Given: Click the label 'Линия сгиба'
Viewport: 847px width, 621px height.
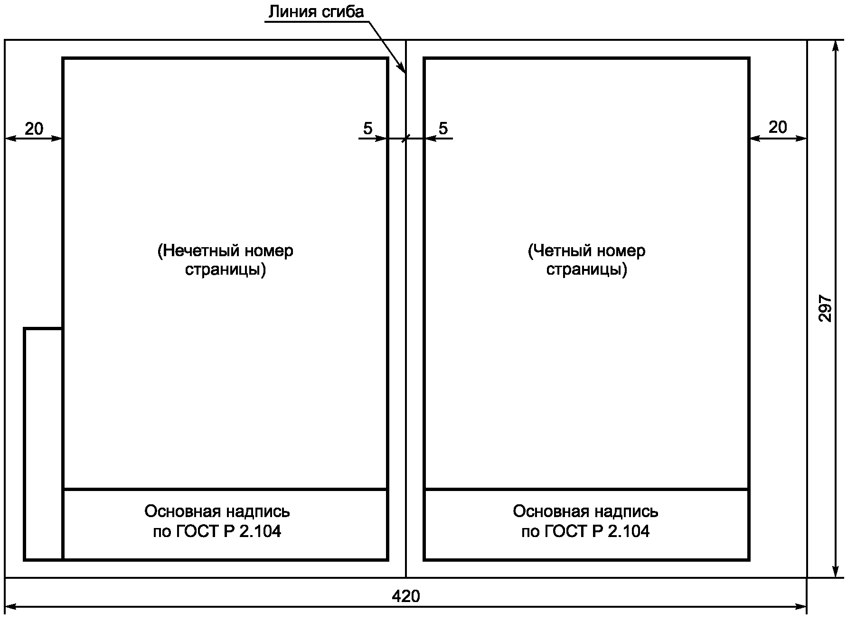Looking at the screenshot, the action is pos(316,11).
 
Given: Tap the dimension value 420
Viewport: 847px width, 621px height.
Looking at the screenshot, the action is pos(406,596).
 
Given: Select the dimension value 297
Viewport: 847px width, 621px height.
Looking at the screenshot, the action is pos(826,309).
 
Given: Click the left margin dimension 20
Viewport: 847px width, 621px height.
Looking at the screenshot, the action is pos(34,129).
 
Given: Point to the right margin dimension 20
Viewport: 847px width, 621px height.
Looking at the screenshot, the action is pos(778,127).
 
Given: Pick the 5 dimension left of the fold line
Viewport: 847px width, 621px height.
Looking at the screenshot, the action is pos(368,128).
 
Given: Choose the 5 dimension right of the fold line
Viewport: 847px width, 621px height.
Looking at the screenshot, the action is pos(443,128).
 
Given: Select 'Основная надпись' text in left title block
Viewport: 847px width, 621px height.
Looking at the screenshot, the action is pos(217,511).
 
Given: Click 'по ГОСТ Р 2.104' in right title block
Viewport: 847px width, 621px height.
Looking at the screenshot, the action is pos(585,531).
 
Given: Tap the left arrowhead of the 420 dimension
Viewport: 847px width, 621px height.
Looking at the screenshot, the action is pos(11,607).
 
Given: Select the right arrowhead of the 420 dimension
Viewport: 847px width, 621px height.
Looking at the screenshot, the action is pos(801,607).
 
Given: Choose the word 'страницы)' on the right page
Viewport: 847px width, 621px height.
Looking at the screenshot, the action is pos(586,269).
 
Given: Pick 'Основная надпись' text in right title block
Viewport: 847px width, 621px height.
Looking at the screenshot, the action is pos(585,511).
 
